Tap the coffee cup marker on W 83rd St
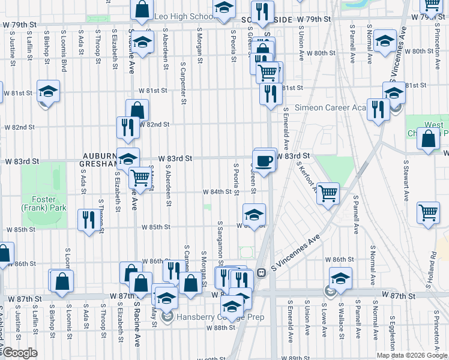[265, 160]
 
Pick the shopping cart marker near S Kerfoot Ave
[328, 194]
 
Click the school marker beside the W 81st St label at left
[48, 92]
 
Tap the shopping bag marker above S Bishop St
[62, 281]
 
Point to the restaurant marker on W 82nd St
[127, 127]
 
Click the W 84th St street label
[217, 192]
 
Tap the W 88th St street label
[219, 328]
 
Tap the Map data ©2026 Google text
[412, 355]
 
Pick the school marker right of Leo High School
[224, 10]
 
